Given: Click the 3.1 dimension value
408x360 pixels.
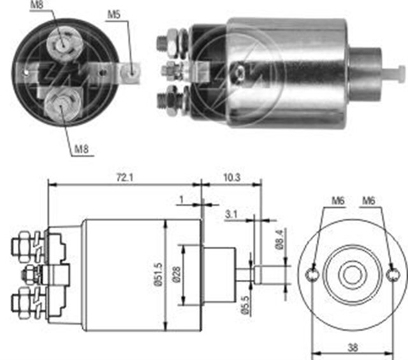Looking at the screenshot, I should point(231,215).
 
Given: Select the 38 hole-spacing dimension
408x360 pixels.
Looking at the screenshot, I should point(353,347).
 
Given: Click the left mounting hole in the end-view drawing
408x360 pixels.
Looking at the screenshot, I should point(312,274).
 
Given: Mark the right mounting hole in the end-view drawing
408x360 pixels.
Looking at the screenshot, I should point(391,275).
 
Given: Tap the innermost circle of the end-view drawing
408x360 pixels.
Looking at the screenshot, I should point(351,275).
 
